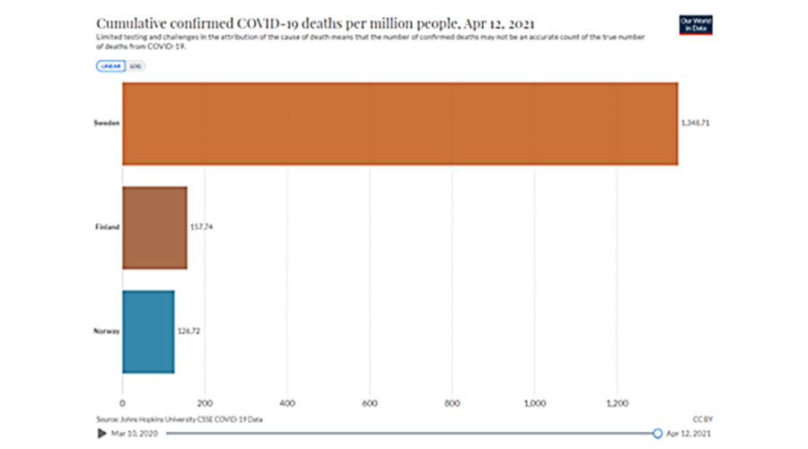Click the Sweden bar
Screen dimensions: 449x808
coord(400,123)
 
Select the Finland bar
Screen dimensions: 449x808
coord(154,227)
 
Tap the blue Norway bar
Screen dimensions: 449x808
coord(148,331)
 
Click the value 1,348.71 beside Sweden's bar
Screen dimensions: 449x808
coord(697,123)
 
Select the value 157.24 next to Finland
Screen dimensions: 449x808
coord(202,227)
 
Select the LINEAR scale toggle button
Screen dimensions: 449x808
coord(111,66)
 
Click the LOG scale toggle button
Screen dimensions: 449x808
coord(135,66)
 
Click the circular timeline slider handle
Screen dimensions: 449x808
coord(657,434)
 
